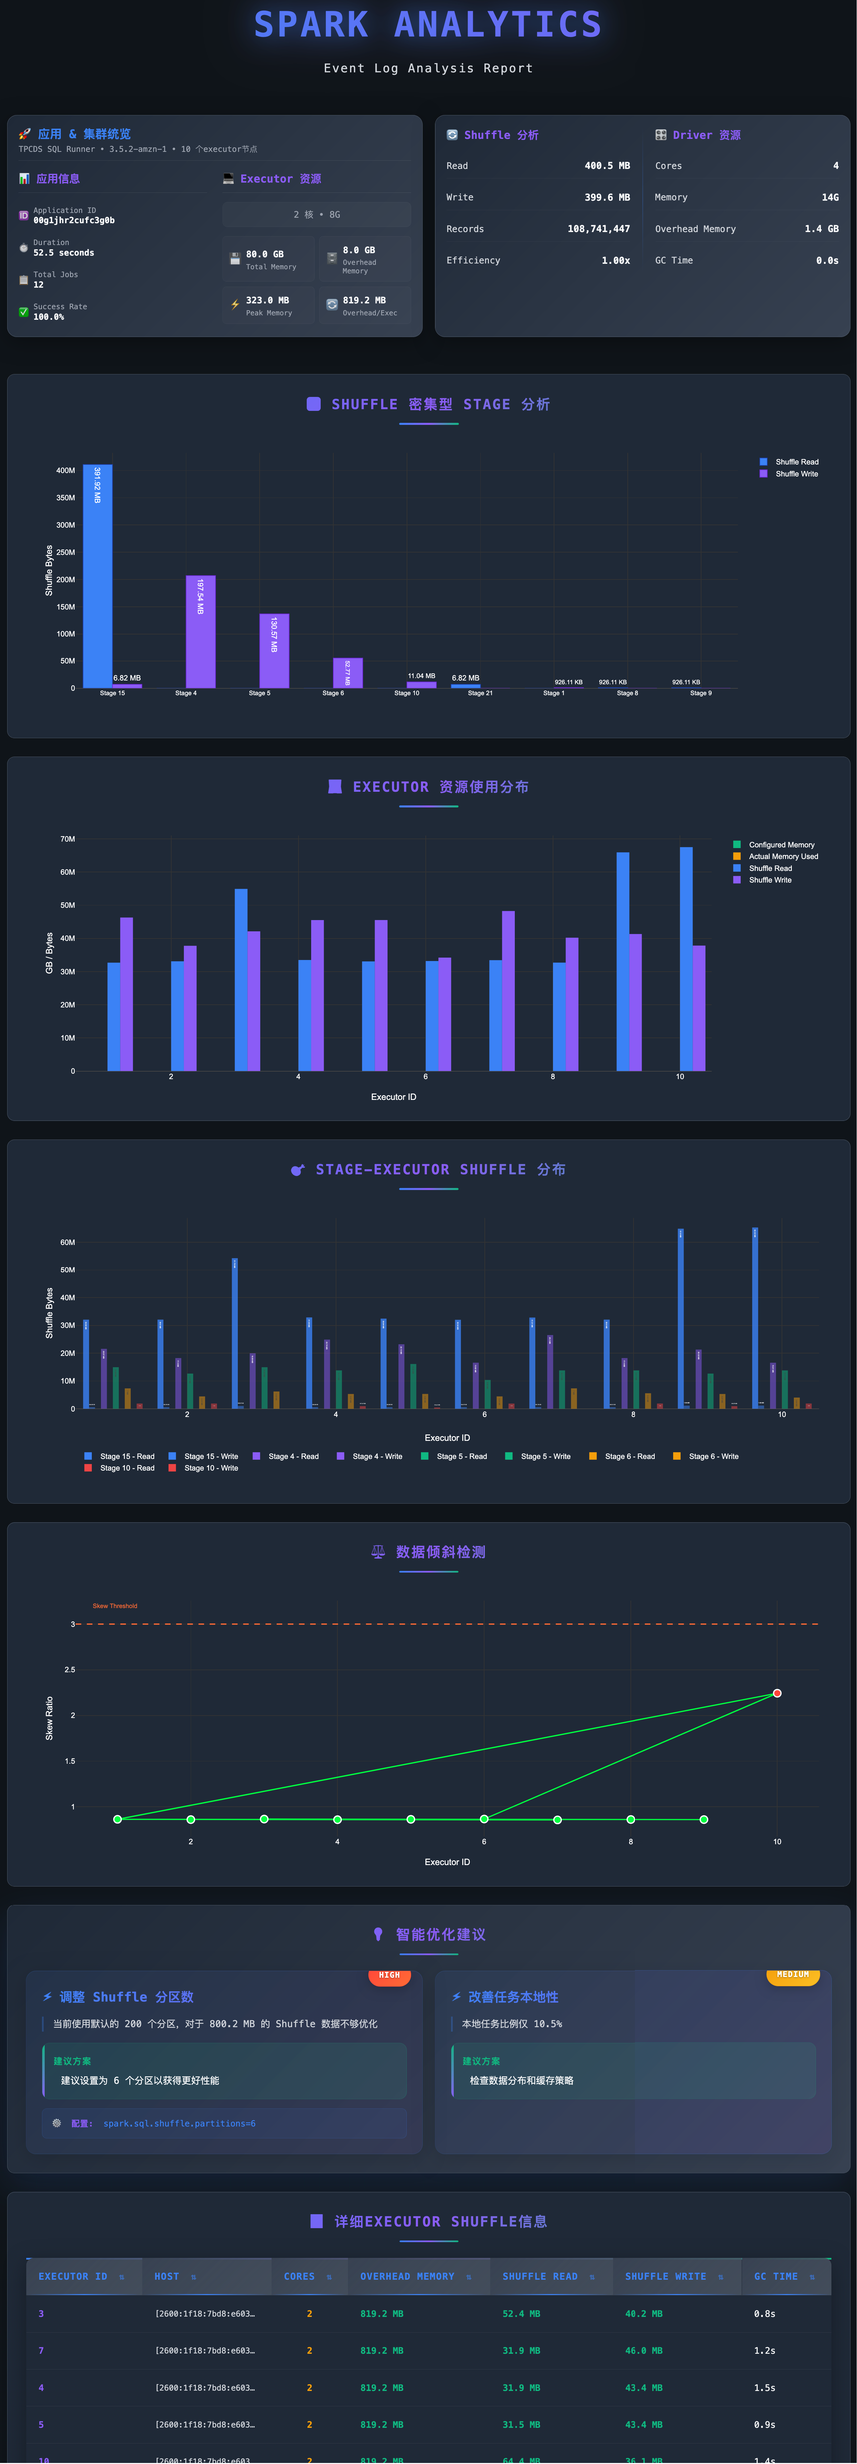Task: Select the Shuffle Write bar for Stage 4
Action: tap(200, 631)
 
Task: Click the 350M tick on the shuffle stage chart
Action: tap(65, 497)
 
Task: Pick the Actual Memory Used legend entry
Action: tap(782, 856)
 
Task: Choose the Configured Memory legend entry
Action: tap(781, 845)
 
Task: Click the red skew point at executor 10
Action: tap(776, 1693)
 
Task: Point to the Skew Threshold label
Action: tap(115, 1606)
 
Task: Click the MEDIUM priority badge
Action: tap(793, 1974)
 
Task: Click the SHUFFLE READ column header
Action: tap(540, 2277)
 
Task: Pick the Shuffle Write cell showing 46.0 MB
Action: tap(644, 2350)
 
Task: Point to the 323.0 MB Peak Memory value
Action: tap(268, 300)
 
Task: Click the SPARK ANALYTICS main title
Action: tap(427, 25)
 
